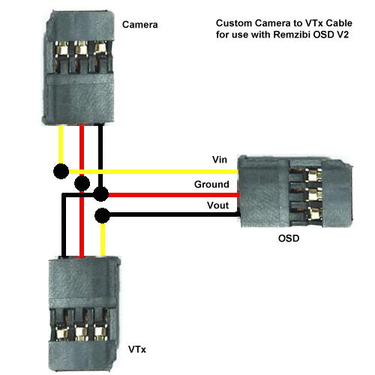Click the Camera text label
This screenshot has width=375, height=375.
[140, 25]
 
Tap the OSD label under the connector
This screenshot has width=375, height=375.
[289, 238]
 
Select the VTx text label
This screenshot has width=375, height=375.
[137, 349]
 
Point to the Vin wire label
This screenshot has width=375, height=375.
[220, 160]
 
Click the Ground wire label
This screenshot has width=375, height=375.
[211, 184]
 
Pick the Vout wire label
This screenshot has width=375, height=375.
[217, 205]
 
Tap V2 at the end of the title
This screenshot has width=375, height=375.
[343, 34]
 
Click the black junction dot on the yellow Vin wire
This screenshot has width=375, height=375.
[61, 172]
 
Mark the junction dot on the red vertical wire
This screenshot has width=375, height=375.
[82, 183]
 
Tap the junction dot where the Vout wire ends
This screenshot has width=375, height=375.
[102, 215]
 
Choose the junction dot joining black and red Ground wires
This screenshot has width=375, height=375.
[101, 194]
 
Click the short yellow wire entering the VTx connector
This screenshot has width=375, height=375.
[103, 239]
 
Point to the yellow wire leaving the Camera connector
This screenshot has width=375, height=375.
[61, 145]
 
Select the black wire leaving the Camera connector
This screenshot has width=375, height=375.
[100, 155]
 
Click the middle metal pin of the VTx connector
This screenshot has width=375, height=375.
[81, 332]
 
